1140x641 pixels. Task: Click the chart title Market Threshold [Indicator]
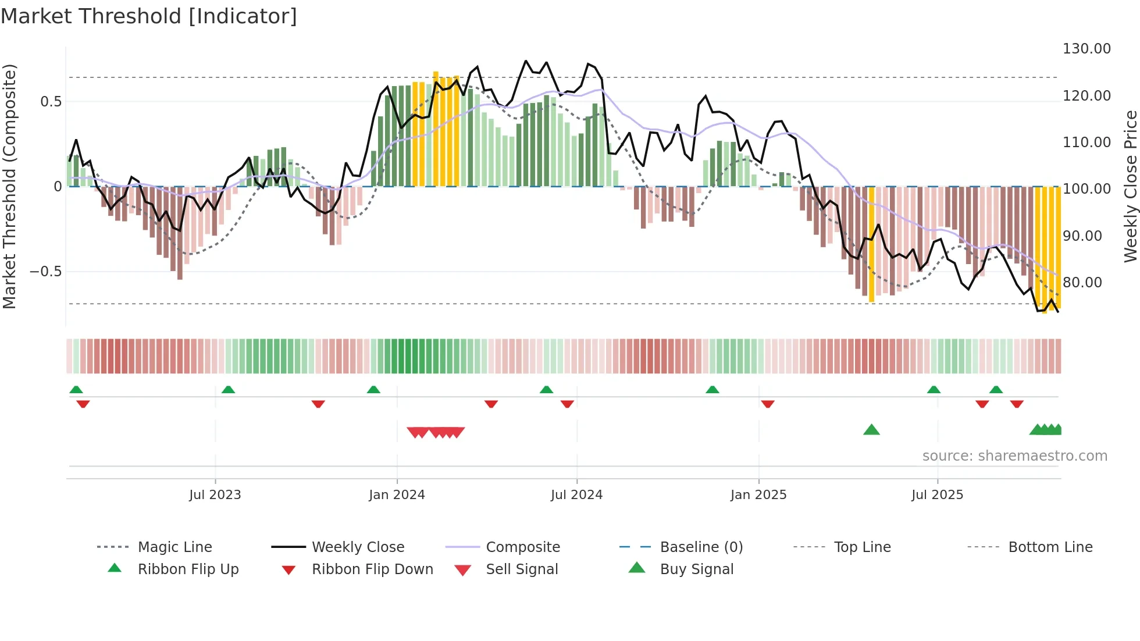149,16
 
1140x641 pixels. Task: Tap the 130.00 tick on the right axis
1086,49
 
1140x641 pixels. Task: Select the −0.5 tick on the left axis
45,272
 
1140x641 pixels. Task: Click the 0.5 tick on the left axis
51,102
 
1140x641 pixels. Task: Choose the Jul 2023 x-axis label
215,495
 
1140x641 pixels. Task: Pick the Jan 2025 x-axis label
758,495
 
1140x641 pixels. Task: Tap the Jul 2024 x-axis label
576,495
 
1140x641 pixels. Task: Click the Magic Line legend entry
174,547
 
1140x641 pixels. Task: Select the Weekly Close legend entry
358,547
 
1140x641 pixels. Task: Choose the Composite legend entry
523,547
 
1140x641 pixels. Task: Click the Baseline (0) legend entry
701,547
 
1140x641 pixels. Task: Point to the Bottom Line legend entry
1050,547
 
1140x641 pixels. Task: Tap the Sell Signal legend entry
522,569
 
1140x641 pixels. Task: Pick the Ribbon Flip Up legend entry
188,569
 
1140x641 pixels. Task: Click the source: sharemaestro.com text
1014,456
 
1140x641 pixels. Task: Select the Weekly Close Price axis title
1130,186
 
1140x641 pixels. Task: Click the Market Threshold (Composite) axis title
9,186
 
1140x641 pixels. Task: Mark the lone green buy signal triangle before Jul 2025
871,430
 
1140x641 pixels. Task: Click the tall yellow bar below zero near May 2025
871,244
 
